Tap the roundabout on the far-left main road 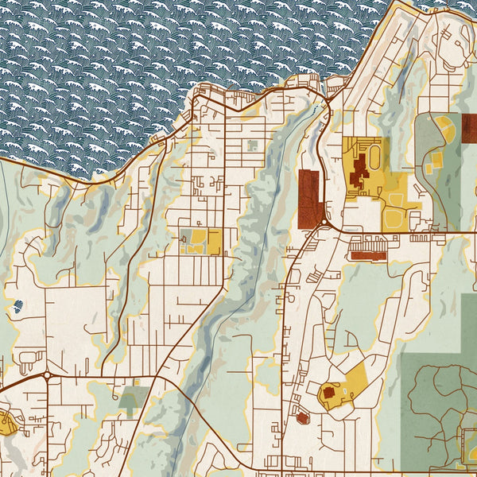point(47,374)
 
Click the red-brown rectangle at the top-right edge point(470,127)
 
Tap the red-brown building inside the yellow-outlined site point(329,392)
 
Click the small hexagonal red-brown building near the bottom point(301,417)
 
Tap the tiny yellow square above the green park point(137,382)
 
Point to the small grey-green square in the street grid point(253,145)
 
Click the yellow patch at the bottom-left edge point(6,424)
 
